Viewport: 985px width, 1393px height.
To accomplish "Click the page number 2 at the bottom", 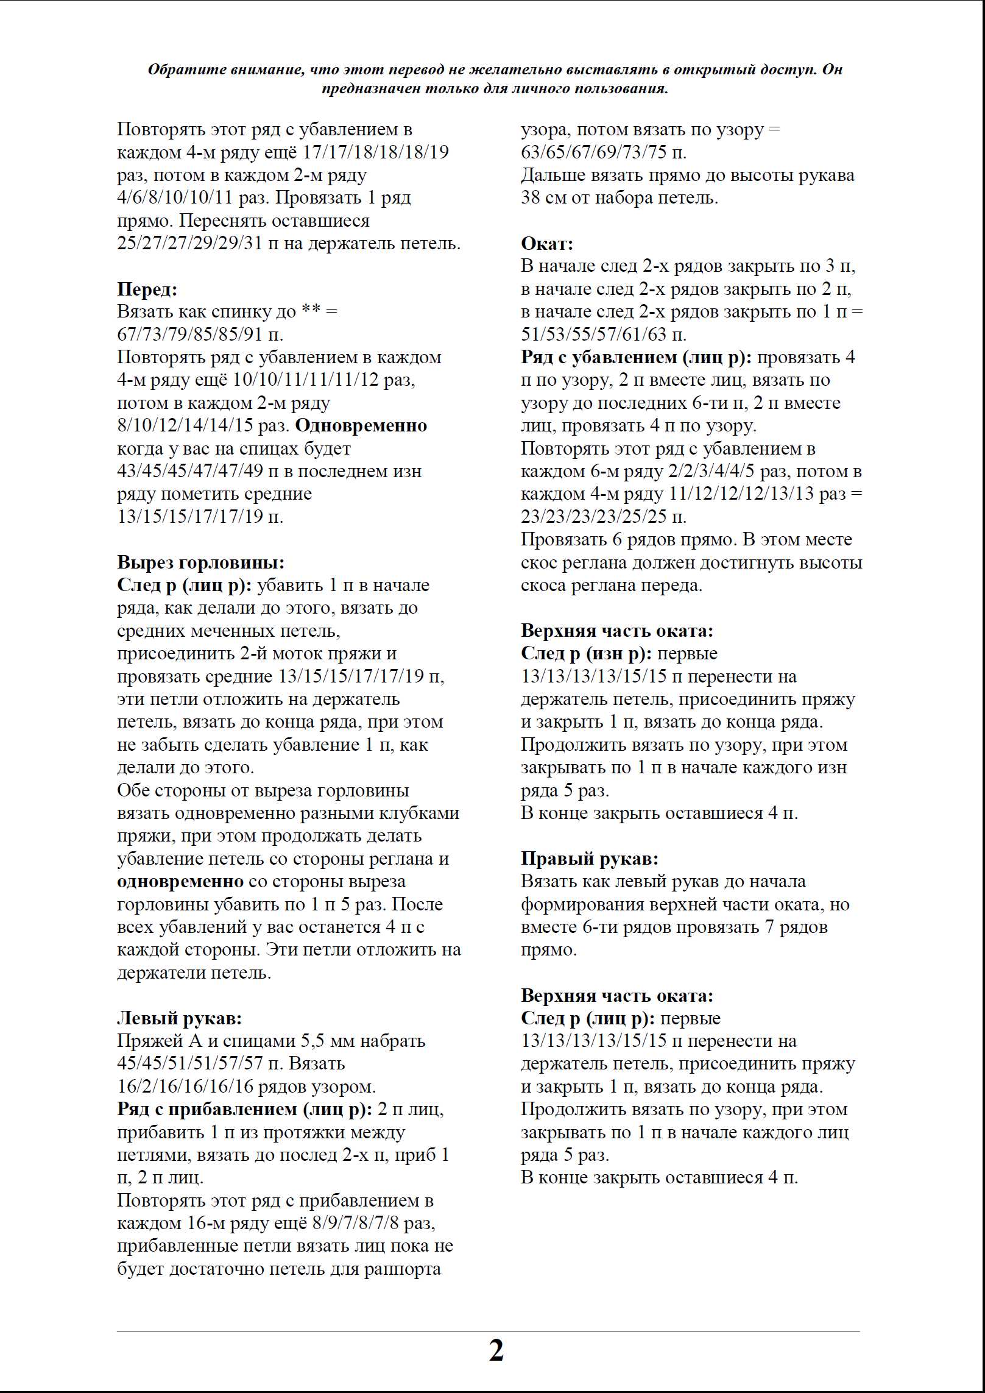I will [x=496, y=1350].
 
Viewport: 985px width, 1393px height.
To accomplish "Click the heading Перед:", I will [x=147, y=289].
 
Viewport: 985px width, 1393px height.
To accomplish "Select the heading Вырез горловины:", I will [x=200, y=562].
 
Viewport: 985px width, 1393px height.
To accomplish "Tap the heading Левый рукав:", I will [x=179, y=1018].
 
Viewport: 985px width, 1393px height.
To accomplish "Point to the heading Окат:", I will [x=547, y=243].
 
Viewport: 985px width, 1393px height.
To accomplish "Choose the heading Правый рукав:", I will [x=589, y=859].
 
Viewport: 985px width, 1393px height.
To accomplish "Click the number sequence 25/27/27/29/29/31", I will [x=189, y=243].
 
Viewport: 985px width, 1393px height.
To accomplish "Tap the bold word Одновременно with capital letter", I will [x=361, y=425].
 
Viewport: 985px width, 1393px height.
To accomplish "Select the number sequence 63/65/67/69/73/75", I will [x=593, y=152].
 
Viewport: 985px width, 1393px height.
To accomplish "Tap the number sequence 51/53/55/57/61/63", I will [x=593, y=335].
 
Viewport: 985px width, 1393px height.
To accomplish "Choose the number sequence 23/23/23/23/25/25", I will [x=593, y=517].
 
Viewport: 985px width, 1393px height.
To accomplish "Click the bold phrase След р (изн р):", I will [x=587, y=653].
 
